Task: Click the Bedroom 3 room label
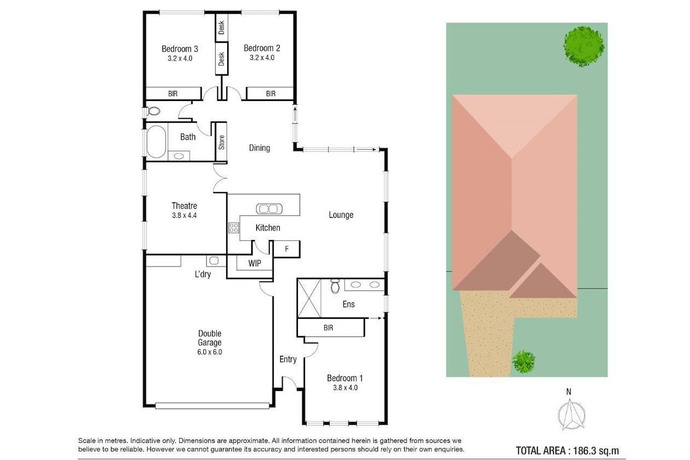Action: (x=180, y=49)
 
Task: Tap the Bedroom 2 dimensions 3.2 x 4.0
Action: (x=262, y=57)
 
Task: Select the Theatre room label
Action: (x=184, y=206)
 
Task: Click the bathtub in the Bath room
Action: (x=156, y=142)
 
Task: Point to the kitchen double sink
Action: (x=269, y=208)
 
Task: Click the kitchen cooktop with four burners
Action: (x=234, y=227)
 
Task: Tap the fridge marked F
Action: (x=287, y=249)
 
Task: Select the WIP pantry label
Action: (x=254, y=263)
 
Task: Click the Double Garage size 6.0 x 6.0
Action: (x=210, y=352)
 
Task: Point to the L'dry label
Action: (x=203, y=274)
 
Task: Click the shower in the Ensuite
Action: (x=309, y=298)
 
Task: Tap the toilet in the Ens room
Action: (x=335, y=286)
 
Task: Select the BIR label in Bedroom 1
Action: (x=328, y=328)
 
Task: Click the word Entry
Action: (x=288, y=359)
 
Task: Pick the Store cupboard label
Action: (x=221, y=142)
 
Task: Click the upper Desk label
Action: (x=221, y=27)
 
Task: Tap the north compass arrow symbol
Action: (x=571, y=415)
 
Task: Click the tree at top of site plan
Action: (x=584, y=47)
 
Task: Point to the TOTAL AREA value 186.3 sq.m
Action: (x=595, y=450)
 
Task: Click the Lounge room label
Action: (x=341, y=215)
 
